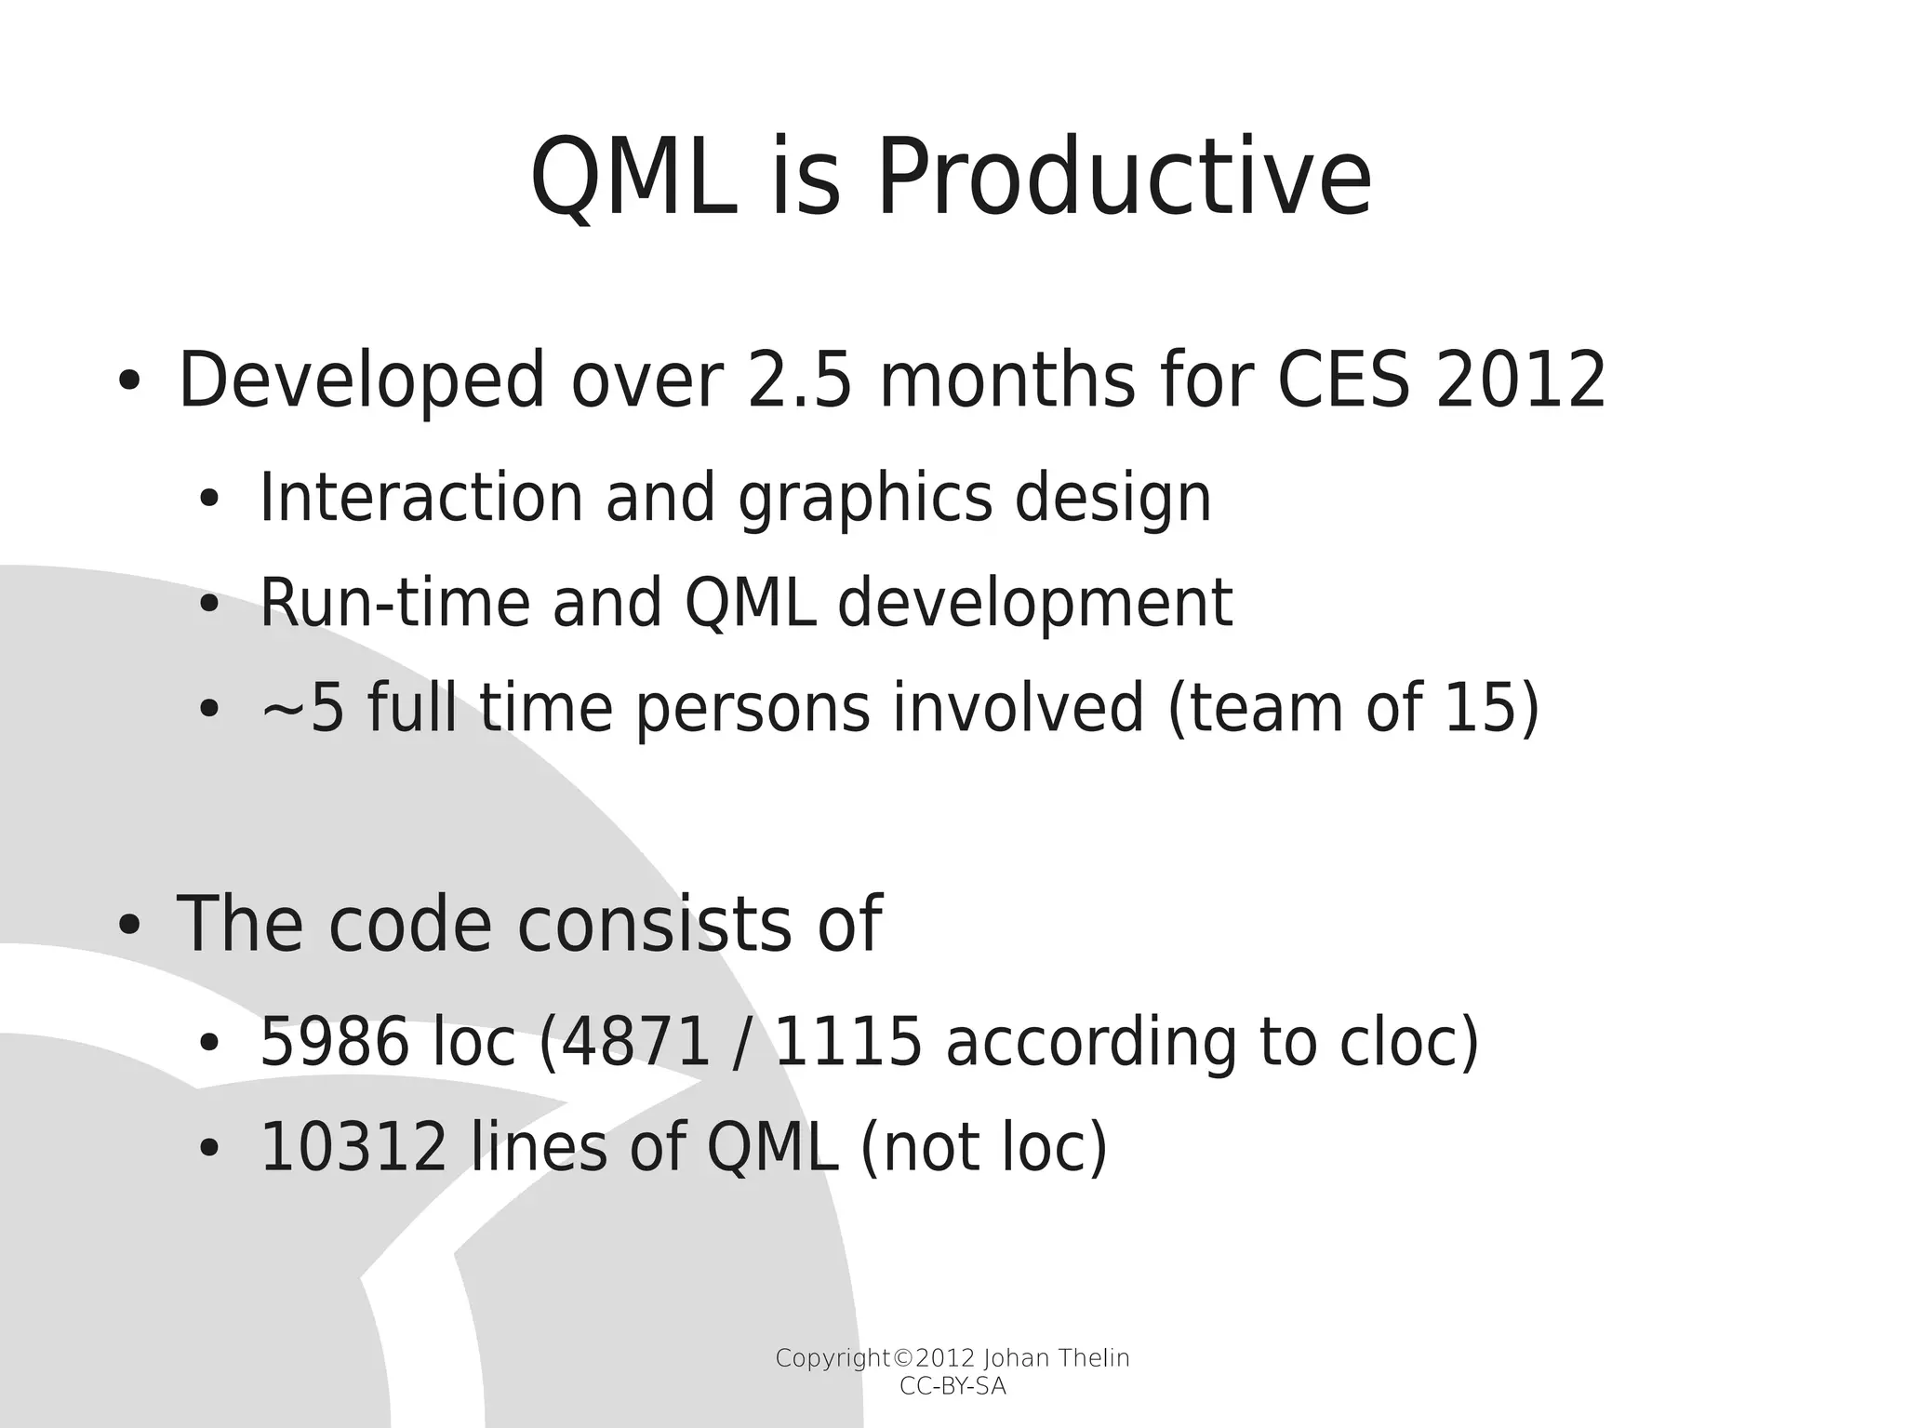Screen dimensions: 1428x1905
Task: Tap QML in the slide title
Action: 629,179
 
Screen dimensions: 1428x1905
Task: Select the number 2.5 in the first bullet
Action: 799,380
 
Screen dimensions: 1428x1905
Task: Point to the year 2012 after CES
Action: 1521,380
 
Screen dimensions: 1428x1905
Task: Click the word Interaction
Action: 420,498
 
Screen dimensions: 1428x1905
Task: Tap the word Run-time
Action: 393,603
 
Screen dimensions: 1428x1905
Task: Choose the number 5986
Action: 334,1041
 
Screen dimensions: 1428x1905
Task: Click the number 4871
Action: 637,1041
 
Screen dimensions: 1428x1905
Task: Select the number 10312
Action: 353,1147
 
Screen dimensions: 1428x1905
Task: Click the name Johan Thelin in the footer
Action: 1056,1359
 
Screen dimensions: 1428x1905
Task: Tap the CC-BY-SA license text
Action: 952,1387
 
